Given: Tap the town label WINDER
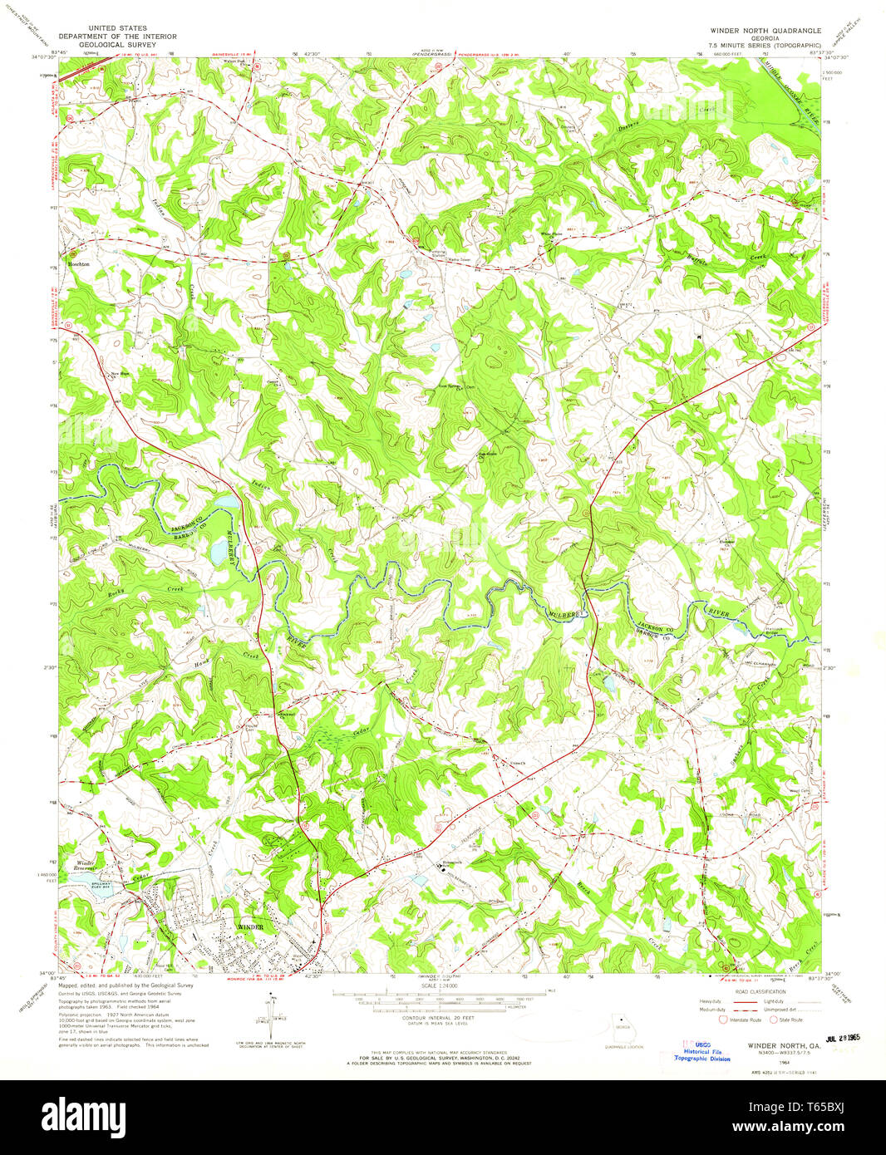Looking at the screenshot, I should point(250,926).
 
